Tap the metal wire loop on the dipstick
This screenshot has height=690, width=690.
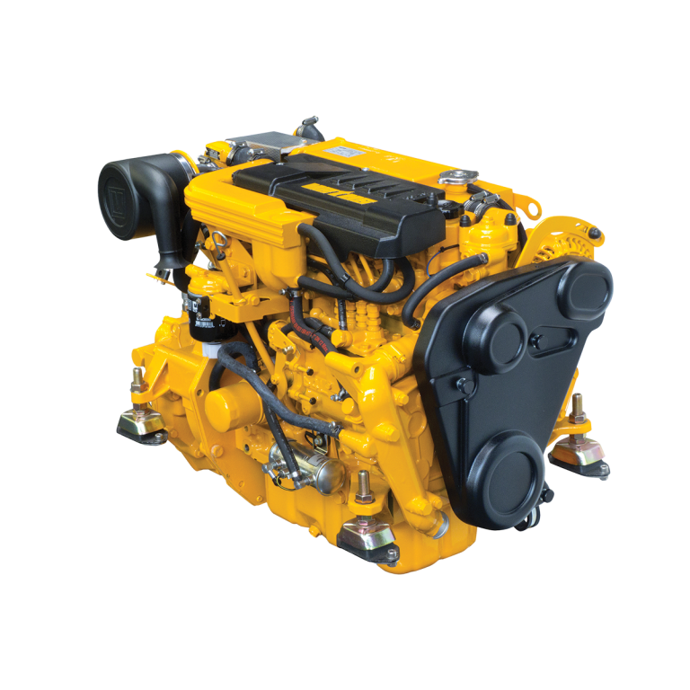point(218,241)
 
